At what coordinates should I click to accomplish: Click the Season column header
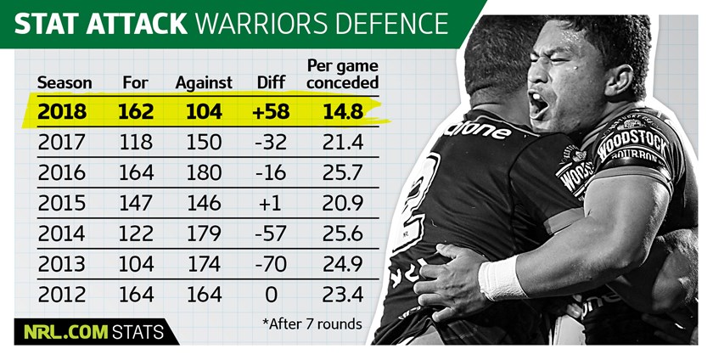point(65,83)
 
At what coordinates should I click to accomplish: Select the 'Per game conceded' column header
point(342,75)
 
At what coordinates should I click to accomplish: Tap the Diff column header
point(272,83)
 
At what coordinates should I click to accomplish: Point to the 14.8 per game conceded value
point(343,111)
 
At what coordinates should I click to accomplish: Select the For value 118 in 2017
point(138,142)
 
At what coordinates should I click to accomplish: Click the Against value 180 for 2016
point(204,172)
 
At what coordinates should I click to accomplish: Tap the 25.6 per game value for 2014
point(343,233)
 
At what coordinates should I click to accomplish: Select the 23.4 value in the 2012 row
point(343,295)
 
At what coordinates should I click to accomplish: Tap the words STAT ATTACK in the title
point(100,24)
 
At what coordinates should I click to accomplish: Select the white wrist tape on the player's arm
point(502,278)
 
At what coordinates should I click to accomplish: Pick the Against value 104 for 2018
point(204,111)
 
